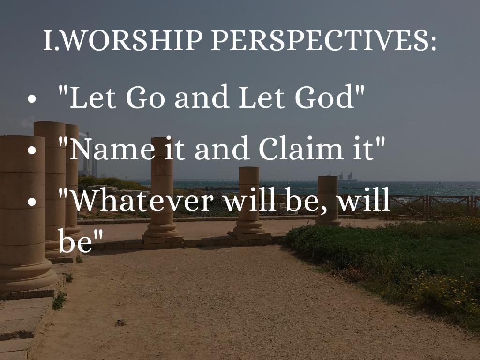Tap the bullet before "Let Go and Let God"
tap(31, 98)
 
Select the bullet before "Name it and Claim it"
tap(31, 150)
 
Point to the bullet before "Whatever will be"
tap(31, 202)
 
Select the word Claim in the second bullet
tap(300, 148)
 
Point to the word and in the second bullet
tap(221, 148)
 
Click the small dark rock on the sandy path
tap(120, 322)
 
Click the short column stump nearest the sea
tap(328, 201)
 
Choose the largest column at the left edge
tap(24, 214)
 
